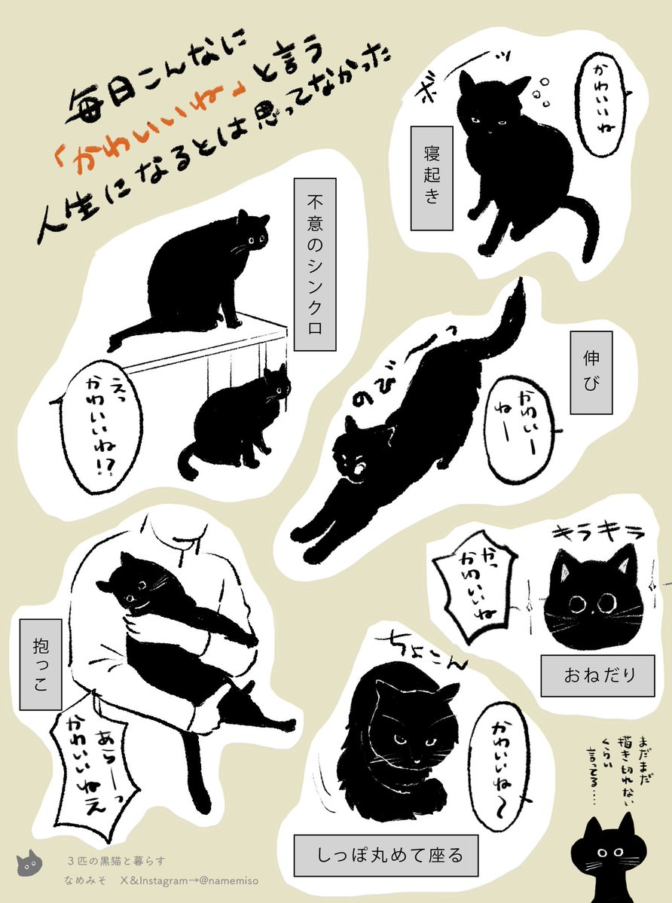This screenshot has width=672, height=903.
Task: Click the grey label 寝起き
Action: pos(432,178)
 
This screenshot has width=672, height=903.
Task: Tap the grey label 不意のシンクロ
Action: pos(315,264)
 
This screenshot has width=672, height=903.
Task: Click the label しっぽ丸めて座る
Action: pos(386,855)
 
